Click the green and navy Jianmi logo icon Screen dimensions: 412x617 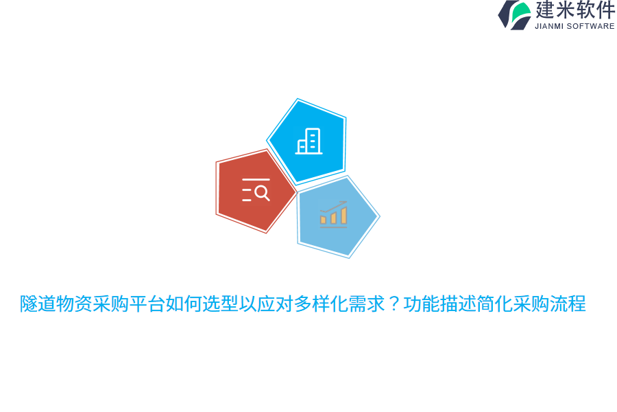(514, 14)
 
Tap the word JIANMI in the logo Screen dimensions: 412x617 (550, 26)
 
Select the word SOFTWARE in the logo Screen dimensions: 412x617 (591, 26)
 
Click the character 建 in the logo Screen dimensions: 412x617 (545, 10)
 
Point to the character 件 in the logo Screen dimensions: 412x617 (605, 10)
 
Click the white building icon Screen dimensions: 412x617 (308, 141)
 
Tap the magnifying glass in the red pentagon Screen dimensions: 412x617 (262, 193)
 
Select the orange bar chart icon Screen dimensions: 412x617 (333, 214)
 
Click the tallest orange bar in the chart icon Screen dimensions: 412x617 (343, 214)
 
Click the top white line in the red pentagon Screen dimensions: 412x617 (256, 180)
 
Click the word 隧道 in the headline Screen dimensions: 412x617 (38, 304)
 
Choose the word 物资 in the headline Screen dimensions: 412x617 (74, 304)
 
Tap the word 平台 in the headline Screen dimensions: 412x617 (147, 304)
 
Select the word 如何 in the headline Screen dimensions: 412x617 (183, 304)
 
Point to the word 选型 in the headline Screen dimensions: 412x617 (219, 304)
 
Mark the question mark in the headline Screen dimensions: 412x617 (394, 304)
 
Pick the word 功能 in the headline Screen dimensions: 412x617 (421, 304)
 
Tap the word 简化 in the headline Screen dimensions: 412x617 (494, 304)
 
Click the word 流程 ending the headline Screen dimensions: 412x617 (568, 304)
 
